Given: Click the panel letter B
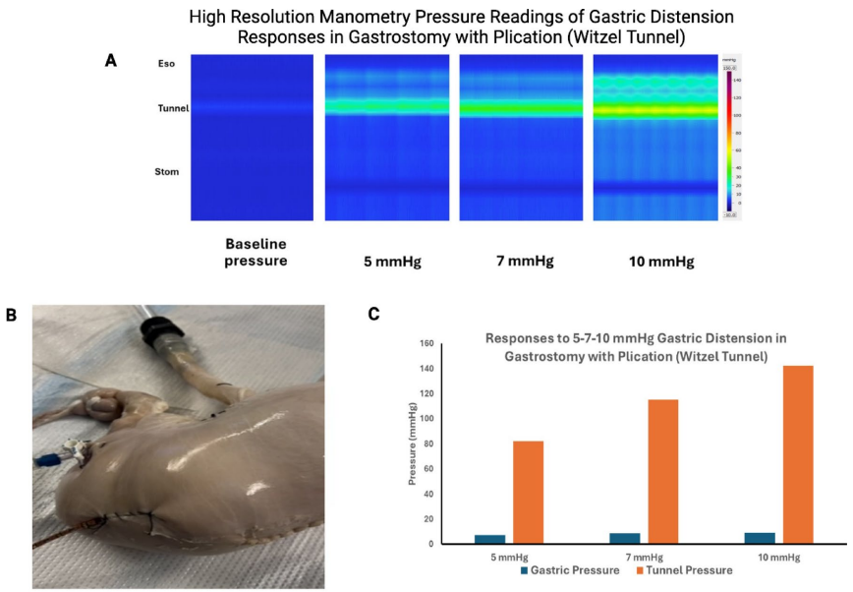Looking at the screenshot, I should pos(12,315).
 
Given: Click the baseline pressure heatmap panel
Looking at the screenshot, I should pos(252,138).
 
